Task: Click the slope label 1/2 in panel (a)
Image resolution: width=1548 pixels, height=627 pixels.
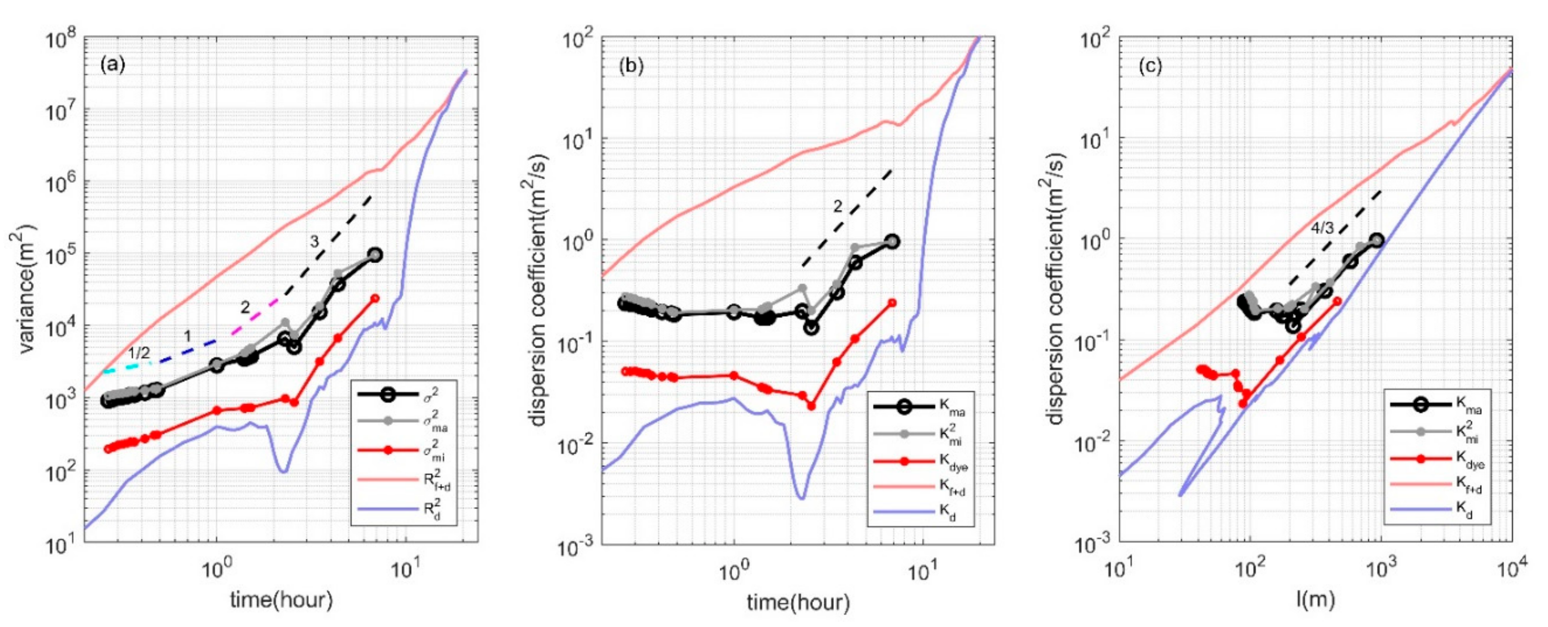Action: pyautogui.click(x=139, y=353)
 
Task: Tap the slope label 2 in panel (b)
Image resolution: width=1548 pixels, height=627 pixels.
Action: pyautogui.click(x=838, y=207)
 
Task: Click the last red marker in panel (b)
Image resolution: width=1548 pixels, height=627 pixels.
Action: pyautogui.click(x=892, y=303)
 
